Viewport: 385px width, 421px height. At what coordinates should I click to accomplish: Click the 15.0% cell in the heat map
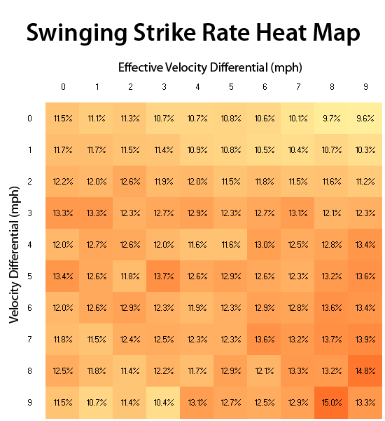(332, 402)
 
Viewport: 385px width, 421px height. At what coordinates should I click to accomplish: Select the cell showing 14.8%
(365, 370)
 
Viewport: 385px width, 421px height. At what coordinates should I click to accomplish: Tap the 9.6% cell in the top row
(365, 118)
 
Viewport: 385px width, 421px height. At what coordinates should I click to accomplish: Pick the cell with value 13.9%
(365, 339)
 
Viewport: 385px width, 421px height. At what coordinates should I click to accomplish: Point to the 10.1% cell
(298, 118)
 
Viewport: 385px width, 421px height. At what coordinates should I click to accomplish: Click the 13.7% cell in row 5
(164, 276)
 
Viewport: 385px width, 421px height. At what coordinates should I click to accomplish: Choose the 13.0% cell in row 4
(265, 244)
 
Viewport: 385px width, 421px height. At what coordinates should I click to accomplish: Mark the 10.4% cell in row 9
(164, 402)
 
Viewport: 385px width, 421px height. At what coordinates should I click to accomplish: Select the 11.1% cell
(97, 118)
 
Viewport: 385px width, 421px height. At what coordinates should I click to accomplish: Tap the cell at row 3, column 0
(63, 213)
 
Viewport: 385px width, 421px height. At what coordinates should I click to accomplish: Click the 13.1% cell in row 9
(197, 402)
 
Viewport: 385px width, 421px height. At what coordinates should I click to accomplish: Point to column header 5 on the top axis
(231, 87)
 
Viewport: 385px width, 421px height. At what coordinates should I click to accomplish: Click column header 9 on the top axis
(365, 87)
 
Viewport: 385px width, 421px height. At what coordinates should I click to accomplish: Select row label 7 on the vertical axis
(29, 339)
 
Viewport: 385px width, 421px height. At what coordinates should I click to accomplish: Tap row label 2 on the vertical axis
(29, 181)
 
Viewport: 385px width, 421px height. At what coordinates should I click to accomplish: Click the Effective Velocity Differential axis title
(209, 67)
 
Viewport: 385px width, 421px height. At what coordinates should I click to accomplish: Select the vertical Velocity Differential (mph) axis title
(13, 255)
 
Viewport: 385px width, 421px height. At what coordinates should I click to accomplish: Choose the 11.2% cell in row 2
(365, 181)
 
